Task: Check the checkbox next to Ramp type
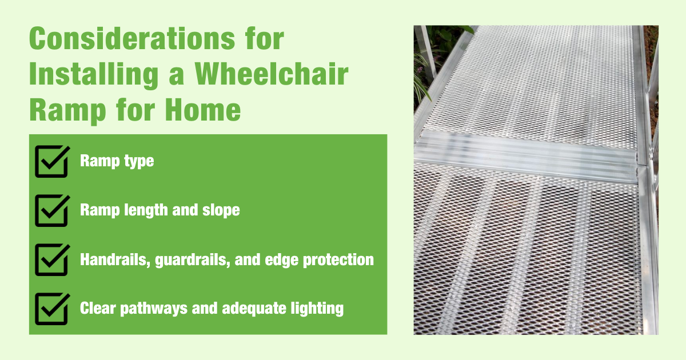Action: (52, 161)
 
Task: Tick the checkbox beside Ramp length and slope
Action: (52, 210)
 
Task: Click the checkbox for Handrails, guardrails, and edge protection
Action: (52, 260)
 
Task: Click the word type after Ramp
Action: (140, 162)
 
